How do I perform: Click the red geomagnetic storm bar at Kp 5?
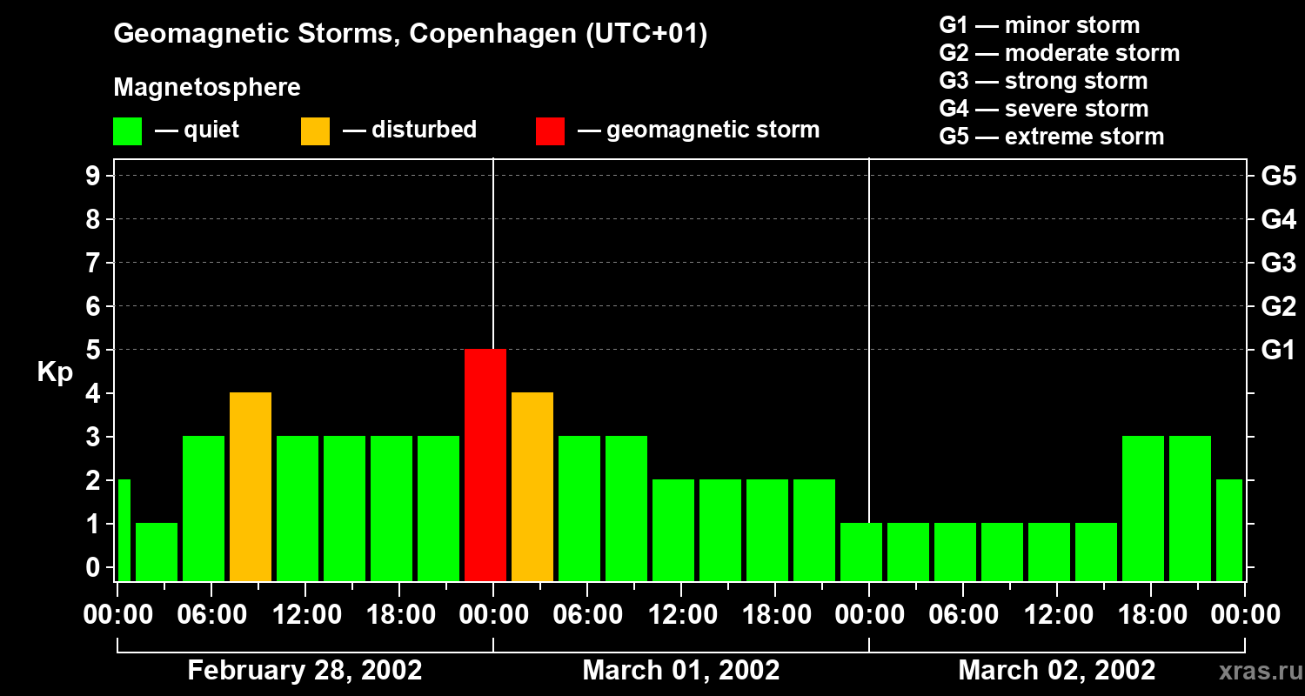485,465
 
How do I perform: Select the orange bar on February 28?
251,486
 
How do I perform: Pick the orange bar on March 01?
532,486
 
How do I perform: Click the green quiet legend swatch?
127,131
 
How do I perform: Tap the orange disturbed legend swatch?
315,131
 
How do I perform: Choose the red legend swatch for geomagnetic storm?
550,131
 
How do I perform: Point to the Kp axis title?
55,372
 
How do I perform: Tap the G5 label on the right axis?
1278,177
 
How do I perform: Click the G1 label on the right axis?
1278,351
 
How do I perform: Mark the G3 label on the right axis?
1278,264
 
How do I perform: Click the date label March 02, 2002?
1056,670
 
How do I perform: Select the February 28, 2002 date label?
304,670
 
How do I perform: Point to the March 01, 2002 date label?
680,670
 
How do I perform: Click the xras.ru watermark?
1258,671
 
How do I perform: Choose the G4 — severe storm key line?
1043,109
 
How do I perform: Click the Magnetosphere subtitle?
207,88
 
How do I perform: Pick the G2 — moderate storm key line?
1059,53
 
